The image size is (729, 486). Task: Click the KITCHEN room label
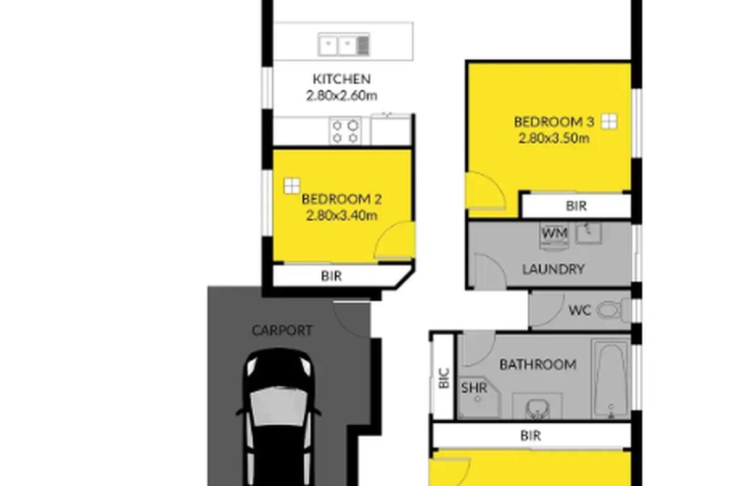[x=341, y=79]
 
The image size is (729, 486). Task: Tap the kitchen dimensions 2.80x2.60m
[x=341, y=96]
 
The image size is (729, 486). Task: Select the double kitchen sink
[x=344, y=44]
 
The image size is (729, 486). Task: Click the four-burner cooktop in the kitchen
[x=345, y=131]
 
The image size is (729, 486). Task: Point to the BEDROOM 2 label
[x=341, y=199]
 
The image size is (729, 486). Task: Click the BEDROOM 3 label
[x=554, y=122]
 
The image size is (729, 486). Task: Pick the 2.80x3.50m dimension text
[x=554, y=139]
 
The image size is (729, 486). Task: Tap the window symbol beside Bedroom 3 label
[x=609, y=122]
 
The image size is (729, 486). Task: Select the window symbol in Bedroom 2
[x=292, y=186]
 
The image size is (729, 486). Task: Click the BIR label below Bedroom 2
[x=331, y=276]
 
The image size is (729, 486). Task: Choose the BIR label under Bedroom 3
[x=577, y=206]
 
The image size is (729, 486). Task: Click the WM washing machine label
[x=555, y=233]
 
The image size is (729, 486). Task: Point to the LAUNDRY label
[x=553, y=269]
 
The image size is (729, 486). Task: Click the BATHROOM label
[x=538, y=364]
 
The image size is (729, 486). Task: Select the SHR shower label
[x=474, y=388]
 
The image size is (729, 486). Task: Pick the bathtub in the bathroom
[x=611, y=379]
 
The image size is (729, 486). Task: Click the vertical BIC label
[x=444, y=378]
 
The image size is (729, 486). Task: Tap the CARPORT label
[x=282, y=330]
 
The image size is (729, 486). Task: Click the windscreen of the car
[x=279, y=406]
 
